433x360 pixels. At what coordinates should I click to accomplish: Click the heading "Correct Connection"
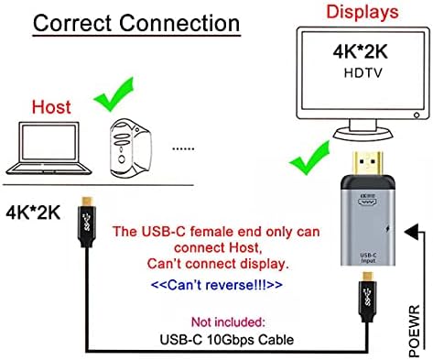pos(136,23)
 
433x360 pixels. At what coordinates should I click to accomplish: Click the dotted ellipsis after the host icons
pos(184,146)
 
